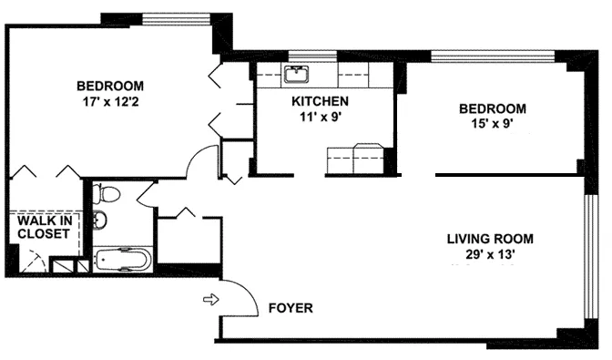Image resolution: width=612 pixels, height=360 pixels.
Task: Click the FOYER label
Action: pyautogui.click(x=291, y=308)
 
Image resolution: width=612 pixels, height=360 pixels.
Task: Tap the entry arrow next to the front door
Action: pyautogui.click(x=210, y=299)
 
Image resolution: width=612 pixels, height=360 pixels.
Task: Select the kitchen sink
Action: pyautogui.click(x=297, y=75)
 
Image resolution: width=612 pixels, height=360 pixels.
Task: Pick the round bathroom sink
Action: pyautogui.click(x=101, y=220)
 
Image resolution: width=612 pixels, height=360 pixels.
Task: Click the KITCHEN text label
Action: pyautogui.click(x=319, y=101)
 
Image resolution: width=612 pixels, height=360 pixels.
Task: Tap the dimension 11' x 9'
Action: pyautogui.click(x=319, y=116)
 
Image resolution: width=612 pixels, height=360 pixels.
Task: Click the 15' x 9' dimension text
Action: pyautogui.click(x=493, y=124)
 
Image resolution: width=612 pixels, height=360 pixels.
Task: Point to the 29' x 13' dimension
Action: pyautogui.click(x=489, y=255)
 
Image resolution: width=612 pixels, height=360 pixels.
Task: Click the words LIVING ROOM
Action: pyautogui.click(x=489, y=240)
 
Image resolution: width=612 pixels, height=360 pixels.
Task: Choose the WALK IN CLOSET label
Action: pyautogui.click(x=44, y=226)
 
